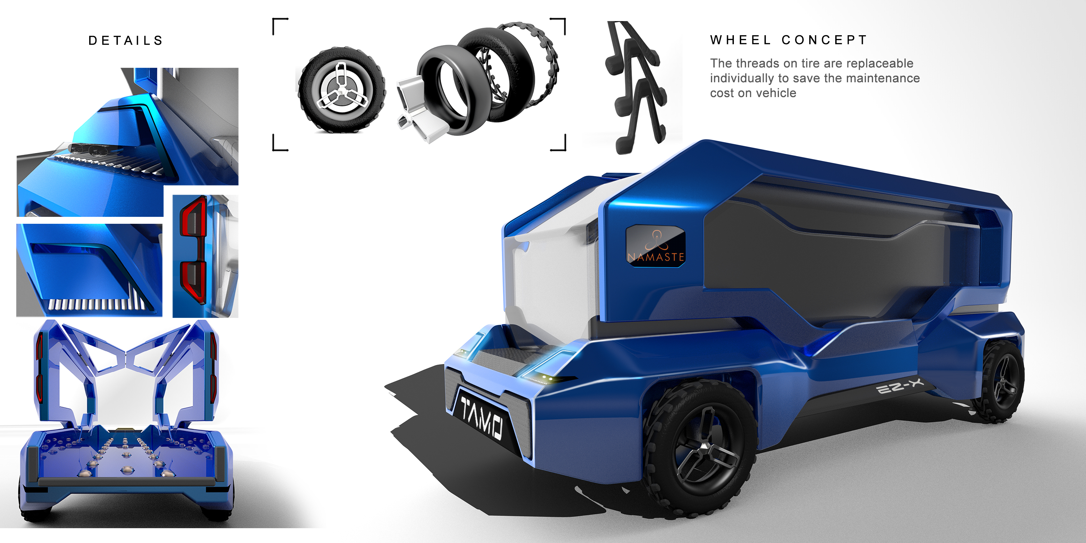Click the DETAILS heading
point(126,40)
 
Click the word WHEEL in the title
point(741,40)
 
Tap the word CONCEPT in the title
point(824,40)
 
